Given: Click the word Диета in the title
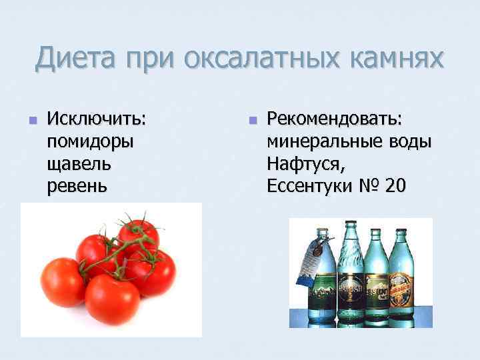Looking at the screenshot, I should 75,57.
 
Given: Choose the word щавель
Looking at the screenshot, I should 79,163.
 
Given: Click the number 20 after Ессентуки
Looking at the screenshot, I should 395,186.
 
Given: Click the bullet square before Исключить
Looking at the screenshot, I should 31,121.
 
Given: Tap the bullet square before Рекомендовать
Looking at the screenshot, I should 252,121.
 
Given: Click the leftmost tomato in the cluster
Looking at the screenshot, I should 62,282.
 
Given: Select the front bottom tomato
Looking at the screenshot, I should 111,299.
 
